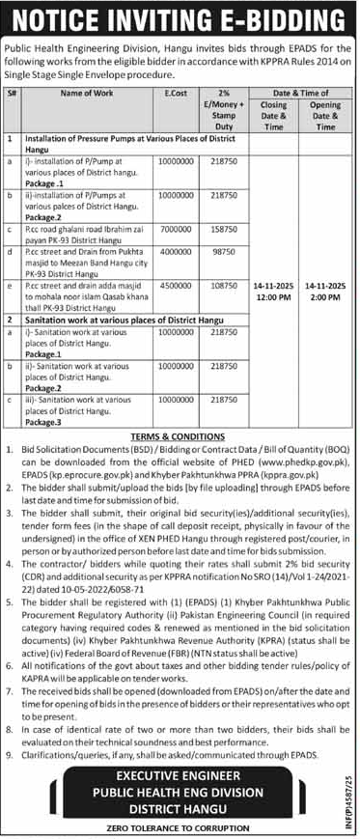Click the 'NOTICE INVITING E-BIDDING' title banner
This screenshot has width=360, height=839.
click(180, 18)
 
